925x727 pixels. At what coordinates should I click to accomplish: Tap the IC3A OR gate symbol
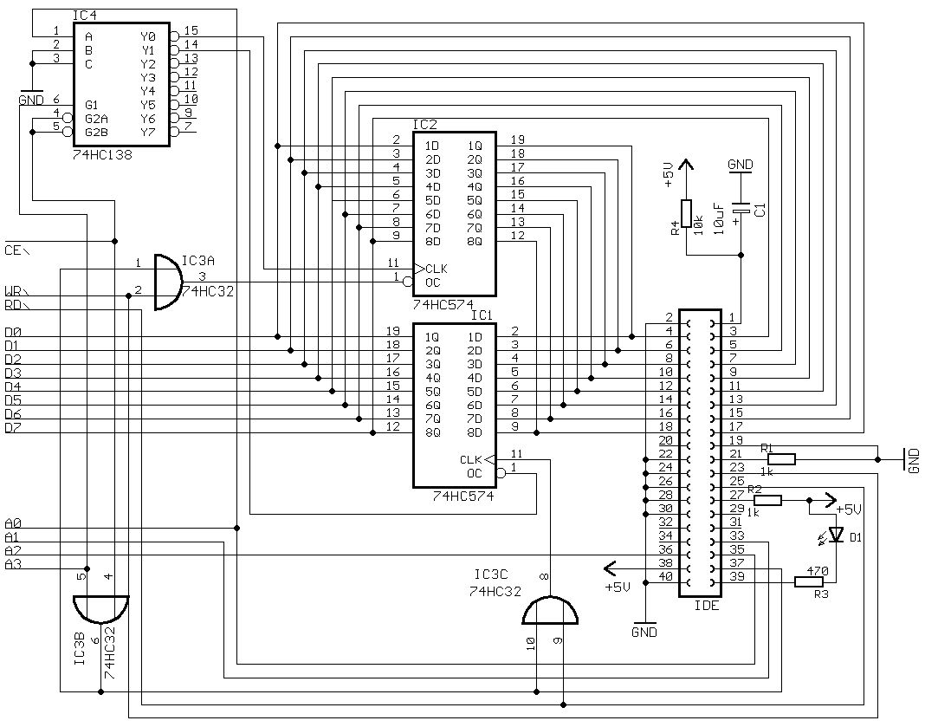[167, 282]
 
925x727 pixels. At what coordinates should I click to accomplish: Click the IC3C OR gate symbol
[550, 611]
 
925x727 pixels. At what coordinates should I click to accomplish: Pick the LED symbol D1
[836, 536]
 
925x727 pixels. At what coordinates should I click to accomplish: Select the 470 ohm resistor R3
[813, 582]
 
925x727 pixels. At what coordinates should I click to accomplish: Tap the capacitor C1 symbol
[741, 210]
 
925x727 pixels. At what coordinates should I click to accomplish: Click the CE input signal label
[15, 250]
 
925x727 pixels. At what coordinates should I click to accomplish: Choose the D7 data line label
[13, 427]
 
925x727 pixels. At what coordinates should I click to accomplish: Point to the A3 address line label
[13, 564]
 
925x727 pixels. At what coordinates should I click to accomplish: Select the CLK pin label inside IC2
[436, 268]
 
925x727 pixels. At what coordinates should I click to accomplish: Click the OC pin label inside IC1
[474, 473]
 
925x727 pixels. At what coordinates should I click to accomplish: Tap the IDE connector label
[707, 606]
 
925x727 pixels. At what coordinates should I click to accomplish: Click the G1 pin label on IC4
[91, 104]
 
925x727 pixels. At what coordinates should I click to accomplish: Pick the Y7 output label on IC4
[147, 132]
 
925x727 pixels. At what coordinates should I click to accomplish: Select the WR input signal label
[15, 290]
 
